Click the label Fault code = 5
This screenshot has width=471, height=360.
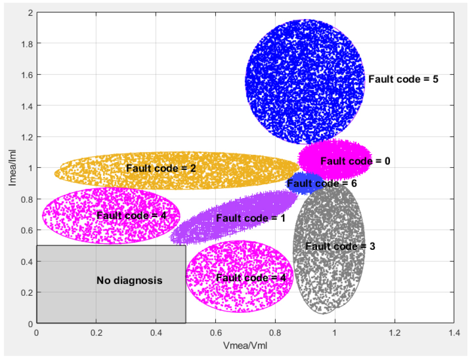pyautogui.click(x=403, y=79)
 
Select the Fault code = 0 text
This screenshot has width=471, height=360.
pyautogui.click(x=355, y=161)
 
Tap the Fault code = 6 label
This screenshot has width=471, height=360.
pyautogui.click(x=322, y=184)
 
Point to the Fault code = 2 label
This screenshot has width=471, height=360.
pyautogui.click(x=161, y=168)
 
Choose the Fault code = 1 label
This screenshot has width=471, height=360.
pyautogui.click(x=251, y=218)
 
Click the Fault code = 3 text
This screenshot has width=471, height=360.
pyautogui.click(x=340, y=246)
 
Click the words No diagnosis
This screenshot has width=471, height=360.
pyautogui.click(x=129, y=281)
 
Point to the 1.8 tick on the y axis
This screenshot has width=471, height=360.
pyautogui.click(x=26, y=44)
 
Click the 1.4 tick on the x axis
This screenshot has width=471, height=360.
pyautogui.click(x=454, y=332)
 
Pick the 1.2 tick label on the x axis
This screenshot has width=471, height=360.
pyautogui.click(x=394, y=332)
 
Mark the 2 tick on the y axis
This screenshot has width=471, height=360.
pyautogui.click(x=30, y=13)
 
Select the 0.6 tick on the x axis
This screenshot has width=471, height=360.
pyautogui.click(x=215, y=332)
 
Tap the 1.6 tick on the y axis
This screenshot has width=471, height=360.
pyautogui.click(x=26, y=75)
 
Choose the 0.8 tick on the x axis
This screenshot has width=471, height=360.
pyautogui.click(x=275, y=332)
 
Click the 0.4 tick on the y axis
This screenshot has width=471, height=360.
pyautogui.click(x=26, y=261)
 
